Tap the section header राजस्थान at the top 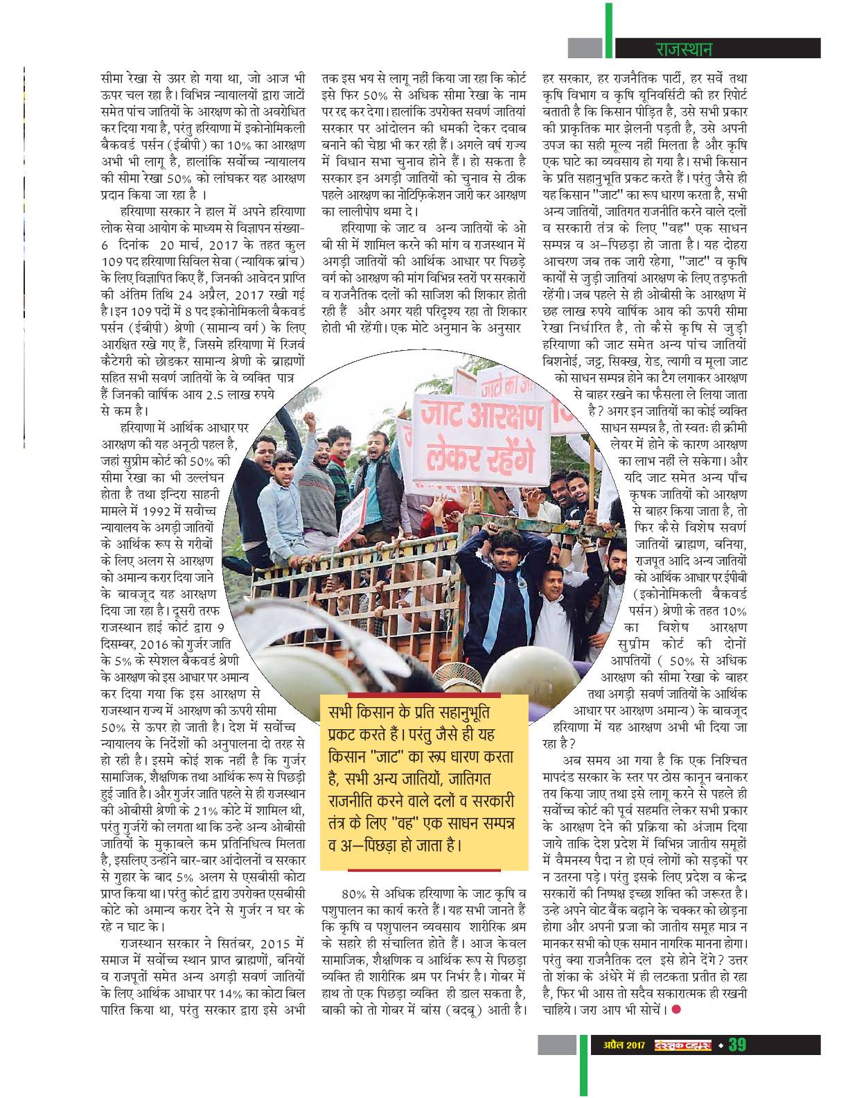point(683,49)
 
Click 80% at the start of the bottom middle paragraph point(348,891)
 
